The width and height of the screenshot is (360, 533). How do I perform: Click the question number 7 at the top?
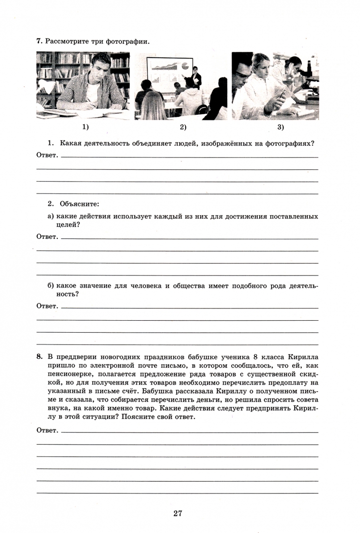coord(39,41)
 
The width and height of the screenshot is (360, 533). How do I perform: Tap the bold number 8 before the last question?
coord(39,356)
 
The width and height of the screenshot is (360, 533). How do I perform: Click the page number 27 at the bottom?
coord(178,513)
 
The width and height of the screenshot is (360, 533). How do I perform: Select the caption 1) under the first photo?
coord(85,127)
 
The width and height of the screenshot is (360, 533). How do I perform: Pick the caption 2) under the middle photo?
coord(183,127)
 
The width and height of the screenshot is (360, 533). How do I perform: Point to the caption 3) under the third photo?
coord(280,127)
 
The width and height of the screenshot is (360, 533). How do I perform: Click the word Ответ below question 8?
coord(47,430)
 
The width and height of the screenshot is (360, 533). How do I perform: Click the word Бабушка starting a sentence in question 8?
coord(159,391)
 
